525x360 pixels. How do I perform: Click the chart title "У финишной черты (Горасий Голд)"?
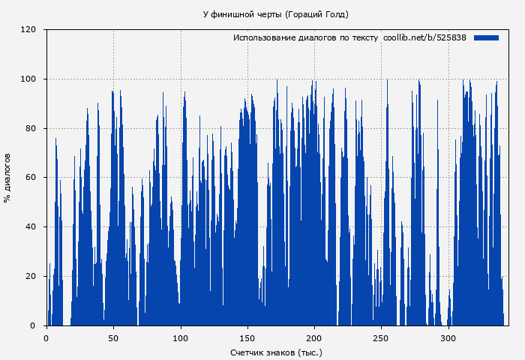[x=276, y=14]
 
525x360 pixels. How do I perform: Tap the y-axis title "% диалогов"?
[x=7, y=178]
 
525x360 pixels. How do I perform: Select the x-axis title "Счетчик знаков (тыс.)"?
[x=276, y=352]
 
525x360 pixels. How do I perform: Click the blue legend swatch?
[x=486, y=37]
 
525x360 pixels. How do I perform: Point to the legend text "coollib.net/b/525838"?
[x=424, y=37]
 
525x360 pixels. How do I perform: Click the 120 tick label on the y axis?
[x=28, y=30]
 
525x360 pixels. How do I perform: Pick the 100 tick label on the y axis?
[x=28, y=79]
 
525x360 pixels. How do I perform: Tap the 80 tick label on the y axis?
[x=31, y=128]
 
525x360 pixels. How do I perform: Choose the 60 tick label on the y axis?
[x=31, y=178]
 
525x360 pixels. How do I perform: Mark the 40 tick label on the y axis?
[x=31, y=227]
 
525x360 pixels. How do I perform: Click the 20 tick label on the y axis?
[x=31, y=277]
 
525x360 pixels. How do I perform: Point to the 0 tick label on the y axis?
[x=33, y=325]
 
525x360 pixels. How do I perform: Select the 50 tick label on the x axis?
[x=113, y=338]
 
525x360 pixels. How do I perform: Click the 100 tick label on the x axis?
[x=181, y=338]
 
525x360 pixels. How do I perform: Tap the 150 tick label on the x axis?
[x=247, y=338]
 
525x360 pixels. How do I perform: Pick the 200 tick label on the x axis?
[x=314, y=338]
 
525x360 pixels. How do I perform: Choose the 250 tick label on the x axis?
[x=382, y=338]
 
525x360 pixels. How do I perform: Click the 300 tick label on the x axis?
[x=448, y=338]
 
